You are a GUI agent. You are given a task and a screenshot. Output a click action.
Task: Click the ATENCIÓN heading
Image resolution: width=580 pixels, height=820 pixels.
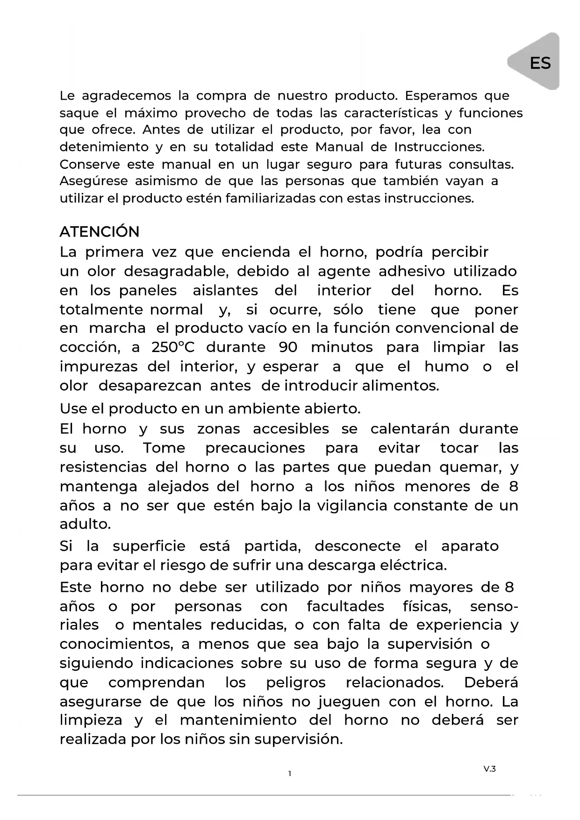100,232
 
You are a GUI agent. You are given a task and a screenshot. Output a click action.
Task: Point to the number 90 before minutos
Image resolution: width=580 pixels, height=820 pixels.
288,347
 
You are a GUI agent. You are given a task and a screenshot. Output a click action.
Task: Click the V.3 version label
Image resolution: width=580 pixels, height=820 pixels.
489,769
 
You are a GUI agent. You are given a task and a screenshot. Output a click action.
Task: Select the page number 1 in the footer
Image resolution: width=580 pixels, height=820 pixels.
290,774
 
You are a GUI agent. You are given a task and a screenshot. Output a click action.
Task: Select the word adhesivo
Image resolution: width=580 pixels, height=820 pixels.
412,271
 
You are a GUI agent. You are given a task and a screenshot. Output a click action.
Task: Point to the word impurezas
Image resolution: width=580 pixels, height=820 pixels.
99,367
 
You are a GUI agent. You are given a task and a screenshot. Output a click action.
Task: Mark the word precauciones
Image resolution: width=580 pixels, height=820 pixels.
255,448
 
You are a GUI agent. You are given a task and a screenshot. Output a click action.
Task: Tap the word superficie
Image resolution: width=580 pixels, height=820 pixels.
149,546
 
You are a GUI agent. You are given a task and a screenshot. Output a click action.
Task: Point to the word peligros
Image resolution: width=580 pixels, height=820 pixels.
296,683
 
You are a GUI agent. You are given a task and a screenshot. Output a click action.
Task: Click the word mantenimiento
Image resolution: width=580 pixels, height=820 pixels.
238,720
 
